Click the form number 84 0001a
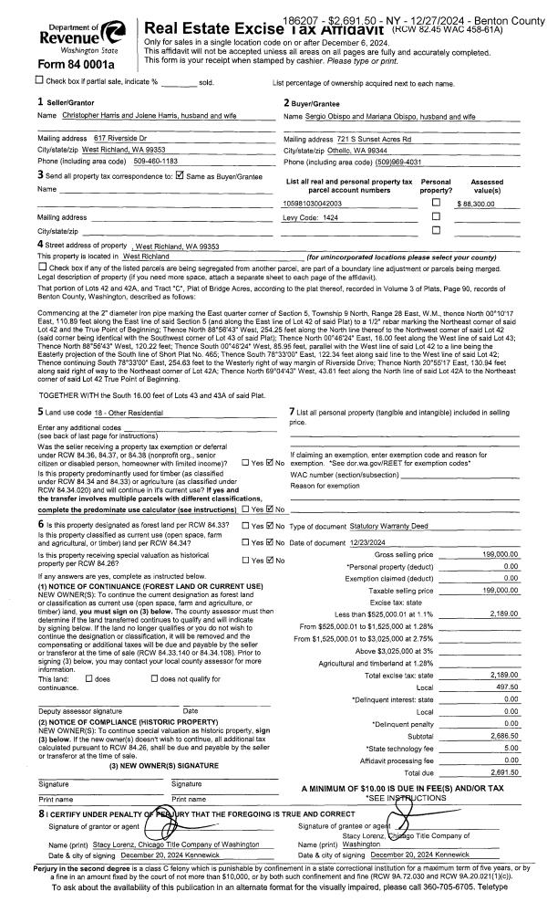coord(71,65)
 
